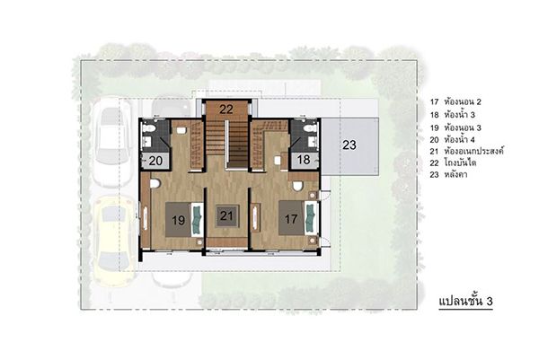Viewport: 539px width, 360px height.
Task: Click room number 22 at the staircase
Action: point(226,110)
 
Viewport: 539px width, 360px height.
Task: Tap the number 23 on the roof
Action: point(349,145)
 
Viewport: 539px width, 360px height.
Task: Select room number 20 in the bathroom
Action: point(155,161)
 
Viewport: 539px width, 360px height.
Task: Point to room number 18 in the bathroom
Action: point(304,160)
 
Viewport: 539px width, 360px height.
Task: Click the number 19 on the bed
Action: point(179,220)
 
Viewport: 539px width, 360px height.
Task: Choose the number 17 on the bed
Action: point(291,218)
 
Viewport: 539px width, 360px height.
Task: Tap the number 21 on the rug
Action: point(226,215)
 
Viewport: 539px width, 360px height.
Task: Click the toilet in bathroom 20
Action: point(150,128)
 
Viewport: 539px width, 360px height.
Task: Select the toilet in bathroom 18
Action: point(310,128)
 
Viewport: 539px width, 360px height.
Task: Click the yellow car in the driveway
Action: point(111,241)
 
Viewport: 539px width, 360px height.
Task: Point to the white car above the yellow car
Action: point(112,142)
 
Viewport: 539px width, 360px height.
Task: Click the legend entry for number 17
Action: point(455,102)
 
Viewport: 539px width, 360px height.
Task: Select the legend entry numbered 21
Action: point(466,151)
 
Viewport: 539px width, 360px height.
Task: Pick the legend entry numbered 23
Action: point(448,174)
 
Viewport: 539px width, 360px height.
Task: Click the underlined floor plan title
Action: point(465,302)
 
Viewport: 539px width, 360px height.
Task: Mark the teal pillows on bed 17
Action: point(310,218)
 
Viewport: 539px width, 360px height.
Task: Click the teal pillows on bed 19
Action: point(197,220)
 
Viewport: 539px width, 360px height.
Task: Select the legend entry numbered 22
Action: point(453,162)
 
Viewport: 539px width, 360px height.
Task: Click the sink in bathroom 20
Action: point(147,141)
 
